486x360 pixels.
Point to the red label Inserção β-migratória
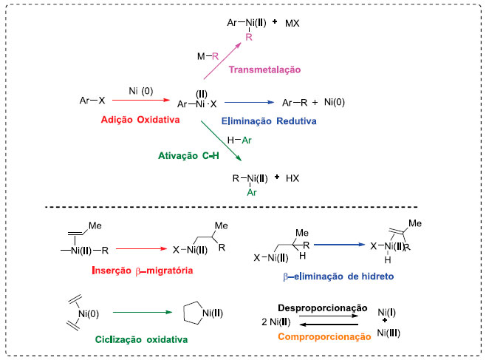(x=144, y=271)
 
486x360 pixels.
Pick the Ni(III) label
(x=390, y=333)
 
